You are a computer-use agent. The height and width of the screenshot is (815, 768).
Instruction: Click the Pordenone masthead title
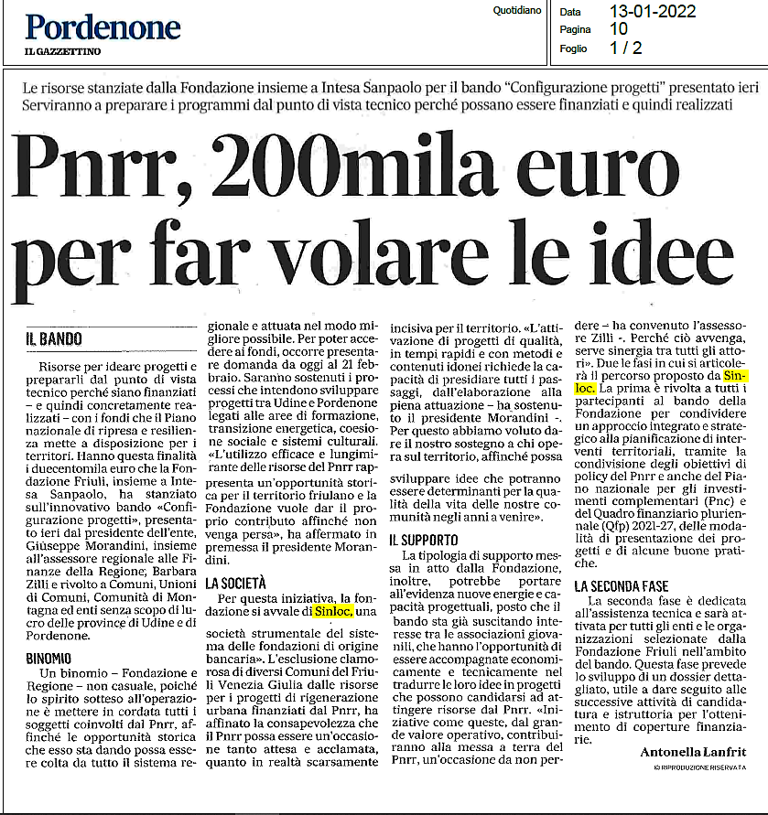103,27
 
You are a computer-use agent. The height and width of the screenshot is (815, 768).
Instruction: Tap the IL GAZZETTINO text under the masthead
63,51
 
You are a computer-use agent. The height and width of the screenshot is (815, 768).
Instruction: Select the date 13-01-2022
652,12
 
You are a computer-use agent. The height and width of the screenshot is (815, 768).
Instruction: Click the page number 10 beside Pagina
619,29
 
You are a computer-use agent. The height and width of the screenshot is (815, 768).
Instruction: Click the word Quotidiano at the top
516,11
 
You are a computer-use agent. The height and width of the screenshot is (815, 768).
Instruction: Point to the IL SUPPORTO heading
426,541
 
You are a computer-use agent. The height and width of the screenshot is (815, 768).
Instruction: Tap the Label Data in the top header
570,13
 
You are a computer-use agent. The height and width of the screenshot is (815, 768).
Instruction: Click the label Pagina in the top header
576,30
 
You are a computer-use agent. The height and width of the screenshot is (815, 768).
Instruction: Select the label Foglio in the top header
574,48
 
